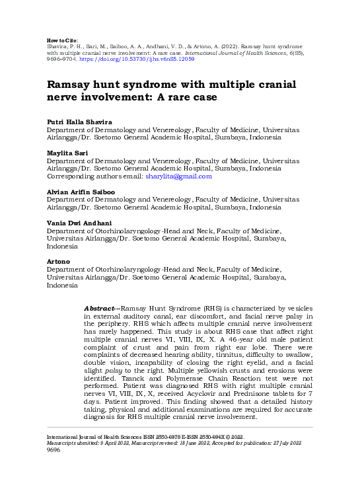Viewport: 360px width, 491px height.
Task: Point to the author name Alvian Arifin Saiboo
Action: coord(79,192)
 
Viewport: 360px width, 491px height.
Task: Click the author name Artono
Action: coord(57,262)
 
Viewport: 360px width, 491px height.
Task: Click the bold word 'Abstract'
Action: coord(100,309)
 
